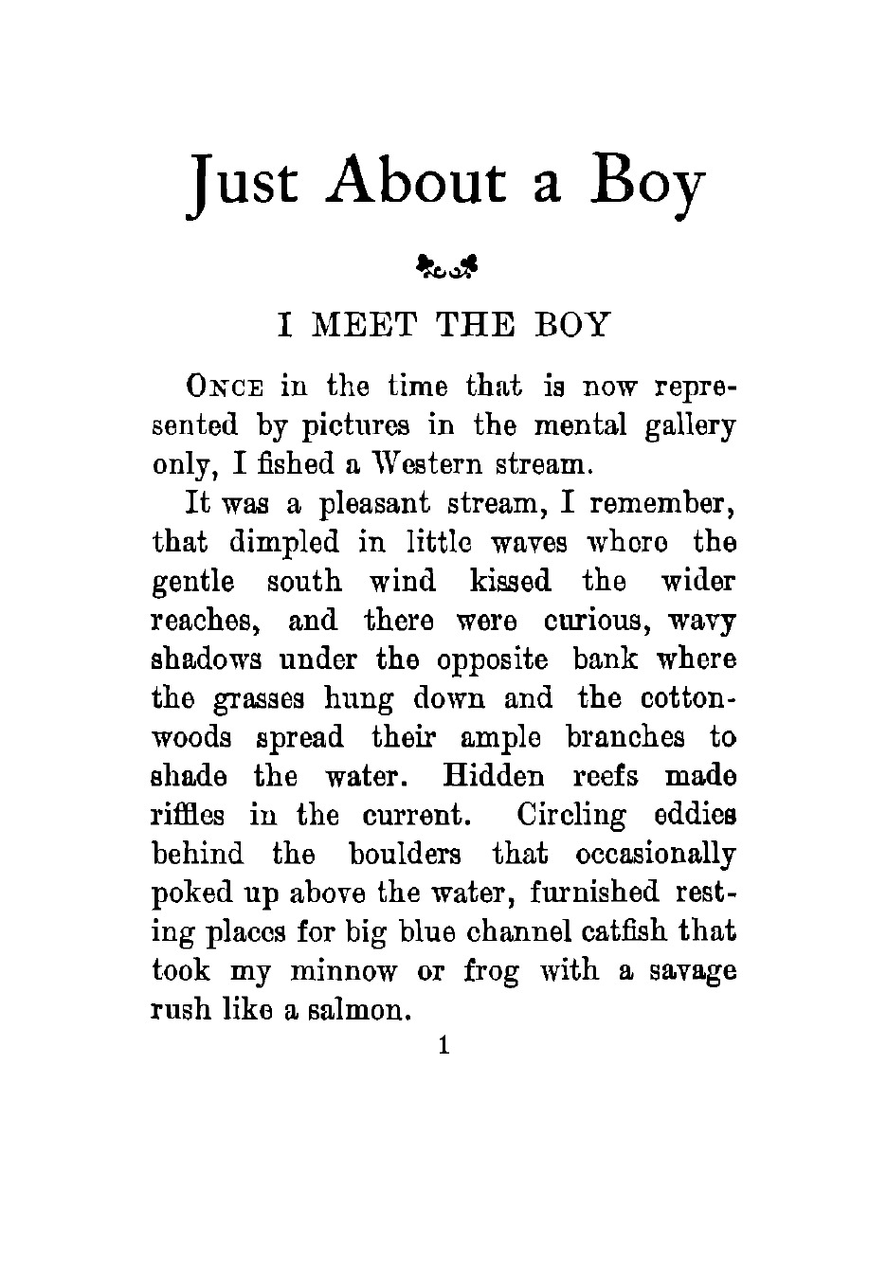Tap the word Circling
[572, 815]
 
